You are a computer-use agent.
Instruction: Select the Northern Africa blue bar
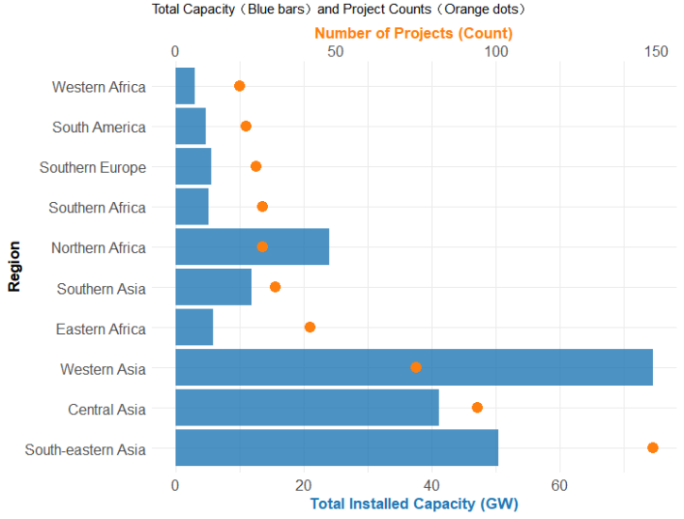point(252,247)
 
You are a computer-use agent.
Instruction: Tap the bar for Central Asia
point(307,408)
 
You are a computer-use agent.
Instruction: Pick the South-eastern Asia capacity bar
point(336,447)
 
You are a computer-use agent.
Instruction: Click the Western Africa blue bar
point(185,86)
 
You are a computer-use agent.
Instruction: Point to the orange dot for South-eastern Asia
point(653,447)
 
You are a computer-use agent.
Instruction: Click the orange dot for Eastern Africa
point(309,327)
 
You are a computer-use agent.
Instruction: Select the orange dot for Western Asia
point(416,367)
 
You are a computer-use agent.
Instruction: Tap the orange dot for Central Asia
point(477,408)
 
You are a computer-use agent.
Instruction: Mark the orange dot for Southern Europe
point(256,166)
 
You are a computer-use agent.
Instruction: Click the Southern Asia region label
point(101,289)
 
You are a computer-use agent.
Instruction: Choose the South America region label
point(99,127)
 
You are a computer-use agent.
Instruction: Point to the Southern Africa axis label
point(97,208)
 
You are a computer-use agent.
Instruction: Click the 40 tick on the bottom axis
point(431,485)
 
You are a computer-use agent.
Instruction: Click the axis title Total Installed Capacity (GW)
point(413,504)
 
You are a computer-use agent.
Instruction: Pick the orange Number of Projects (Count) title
point(413,33)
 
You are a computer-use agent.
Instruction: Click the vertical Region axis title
point(14,267)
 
